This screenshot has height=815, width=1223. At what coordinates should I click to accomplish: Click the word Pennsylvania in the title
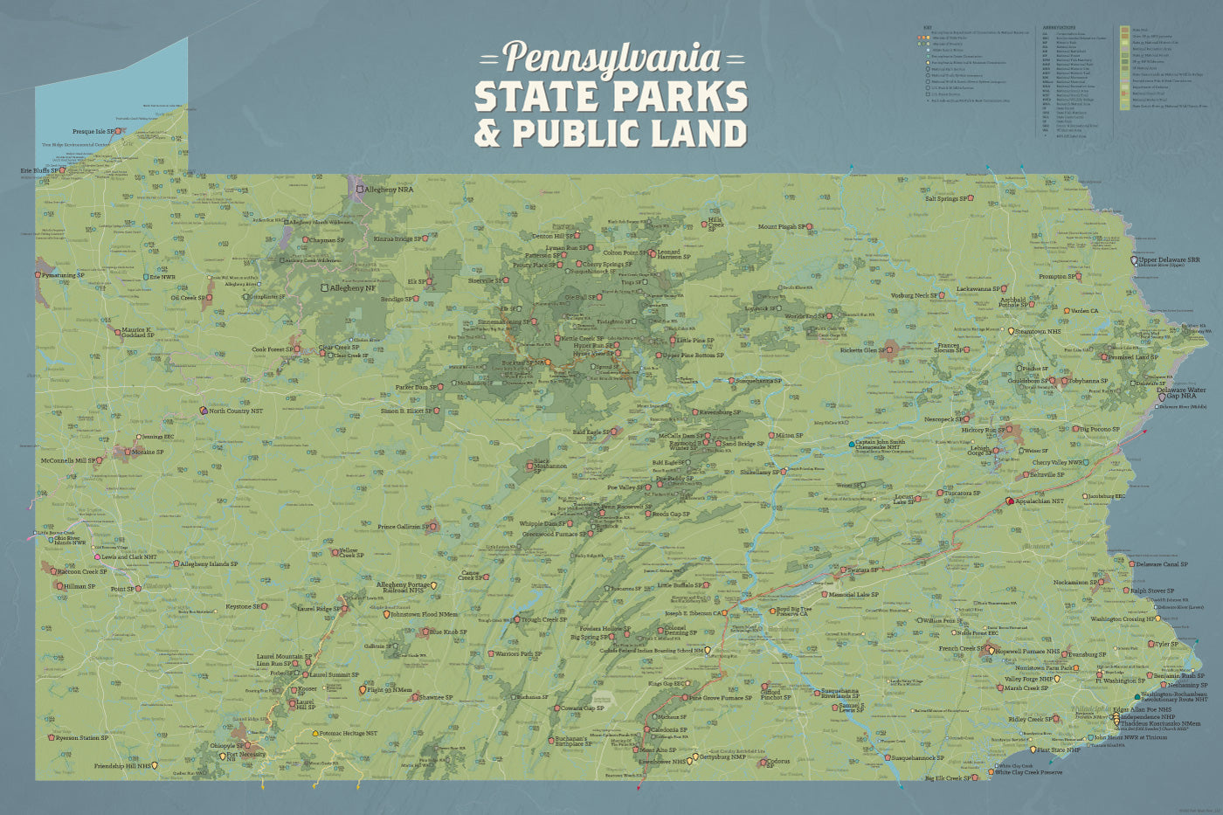611,58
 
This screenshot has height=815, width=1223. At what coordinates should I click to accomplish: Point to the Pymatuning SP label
63,275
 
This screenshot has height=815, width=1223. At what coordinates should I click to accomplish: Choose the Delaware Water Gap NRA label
1182,393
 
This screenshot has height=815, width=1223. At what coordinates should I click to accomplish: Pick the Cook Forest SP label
272,349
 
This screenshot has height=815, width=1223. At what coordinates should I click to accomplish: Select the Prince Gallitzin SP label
403,527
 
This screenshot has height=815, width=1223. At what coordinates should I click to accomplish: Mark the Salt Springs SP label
946,199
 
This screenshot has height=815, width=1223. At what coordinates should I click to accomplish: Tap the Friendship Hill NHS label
122,766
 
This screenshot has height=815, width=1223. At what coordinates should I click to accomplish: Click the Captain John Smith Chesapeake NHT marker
853,445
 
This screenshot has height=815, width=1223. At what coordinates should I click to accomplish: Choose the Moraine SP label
147,452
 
